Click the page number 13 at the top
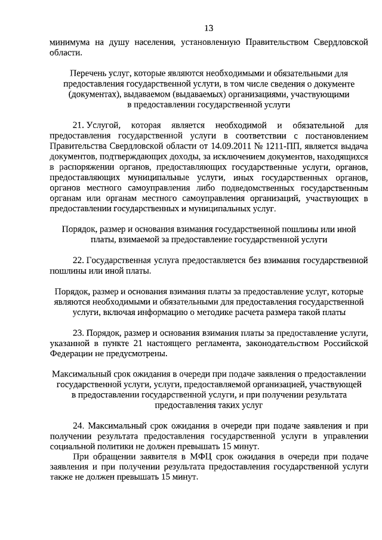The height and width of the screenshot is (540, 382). (208, 27)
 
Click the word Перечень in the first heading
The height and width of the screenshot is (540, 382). (88, 74)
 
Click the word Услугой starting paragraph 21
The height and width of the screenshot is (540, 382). (104, 125)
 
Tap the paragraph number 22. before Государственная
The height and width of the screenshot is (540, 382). (78, 260)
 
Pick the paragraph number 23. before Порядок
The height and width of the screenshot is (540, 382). (78, 332)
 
